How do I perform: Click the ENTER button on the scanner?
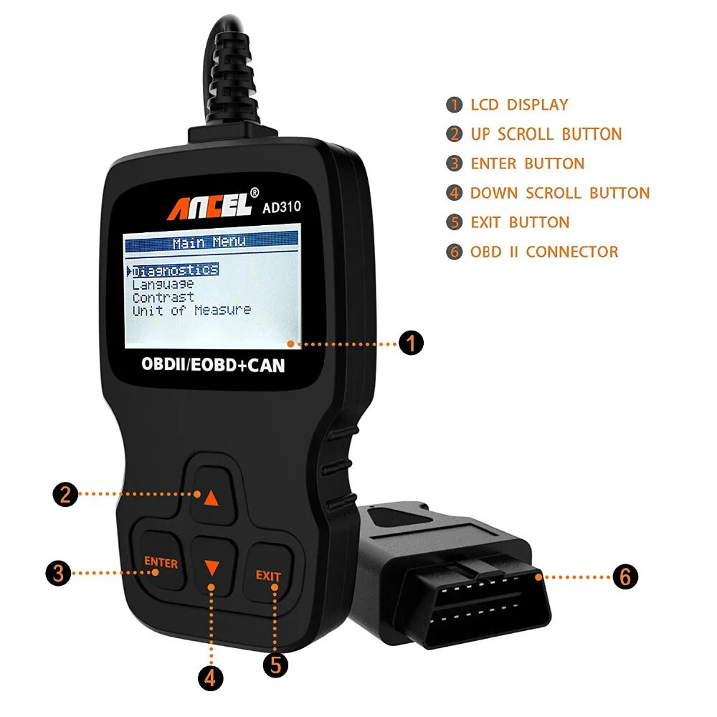click(161, 563)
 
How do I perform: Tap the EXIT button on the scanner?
click(268, 575)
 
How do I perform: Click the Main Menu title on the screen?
click(209, 242)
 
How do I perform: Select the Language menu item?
click(163, 284)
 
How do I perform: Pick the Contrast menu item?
click(163, 297)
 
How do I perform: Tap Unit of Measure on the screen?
click(191, 310)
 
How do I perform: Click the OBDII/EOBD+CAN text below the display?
click(213, 366)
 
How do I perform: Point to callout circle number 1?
click(410, 343)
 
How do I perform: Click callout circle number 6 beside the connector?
click(625, 576)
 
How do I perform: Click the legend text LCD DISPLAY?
click(519, 105)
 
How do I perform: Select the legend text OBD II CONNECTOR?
click(543, 252)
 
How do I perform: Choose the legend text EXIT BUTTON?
click(520, 222)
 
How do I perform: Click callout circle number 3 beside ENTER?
click(58, 573)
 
